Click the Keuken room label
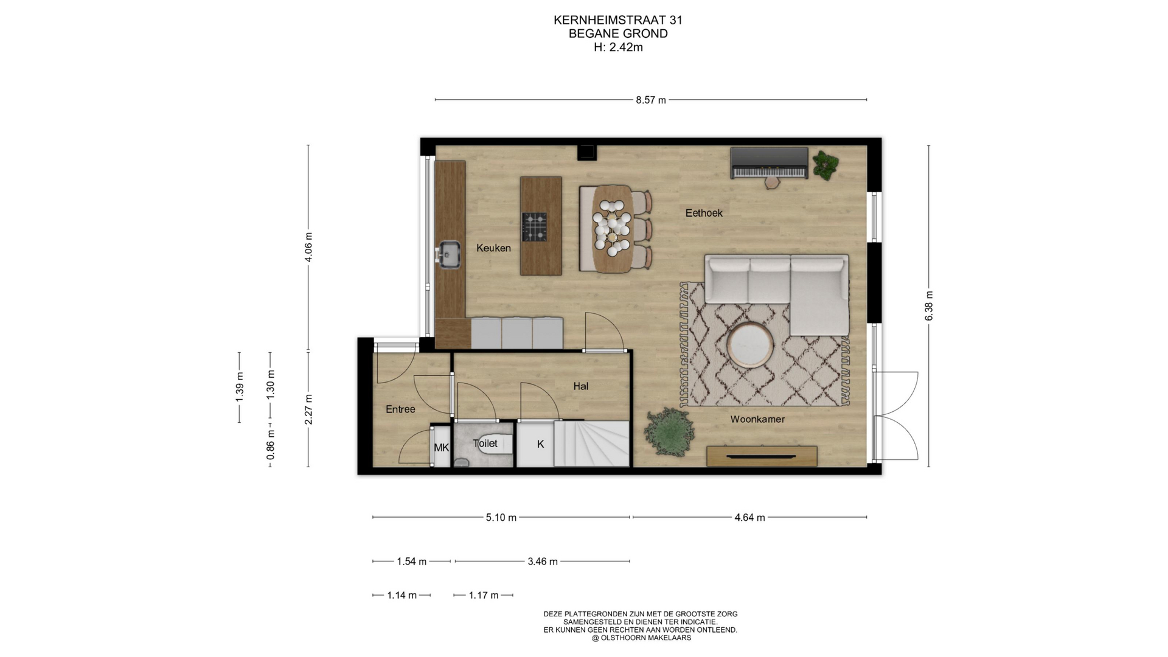[493, 248]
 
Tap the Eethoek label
[704, 213]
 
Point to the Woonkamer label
[757, 419]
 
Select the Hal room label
[580, 386]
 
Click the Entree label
[400, 409]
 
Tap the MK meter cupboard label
[441, 448]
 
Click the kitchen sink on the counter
[450, 254]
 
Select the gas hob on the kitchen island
[534, 227]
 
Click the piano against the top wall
[770, 163]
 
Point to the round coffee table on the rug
[751, 345]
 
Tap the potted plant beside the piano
[825, 164]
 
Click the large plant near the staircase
[669, 431]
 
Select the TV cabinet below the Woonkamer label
[762, 456]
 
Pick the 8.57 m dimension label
[651, 100]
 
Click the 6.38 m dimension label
[929, 306]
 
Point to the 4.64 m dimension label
[749, 518]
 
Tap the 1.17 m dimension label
[484, 596]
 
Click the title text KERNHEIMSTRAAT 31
[618, 20]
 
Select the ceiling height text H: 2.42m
[618, 47]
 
